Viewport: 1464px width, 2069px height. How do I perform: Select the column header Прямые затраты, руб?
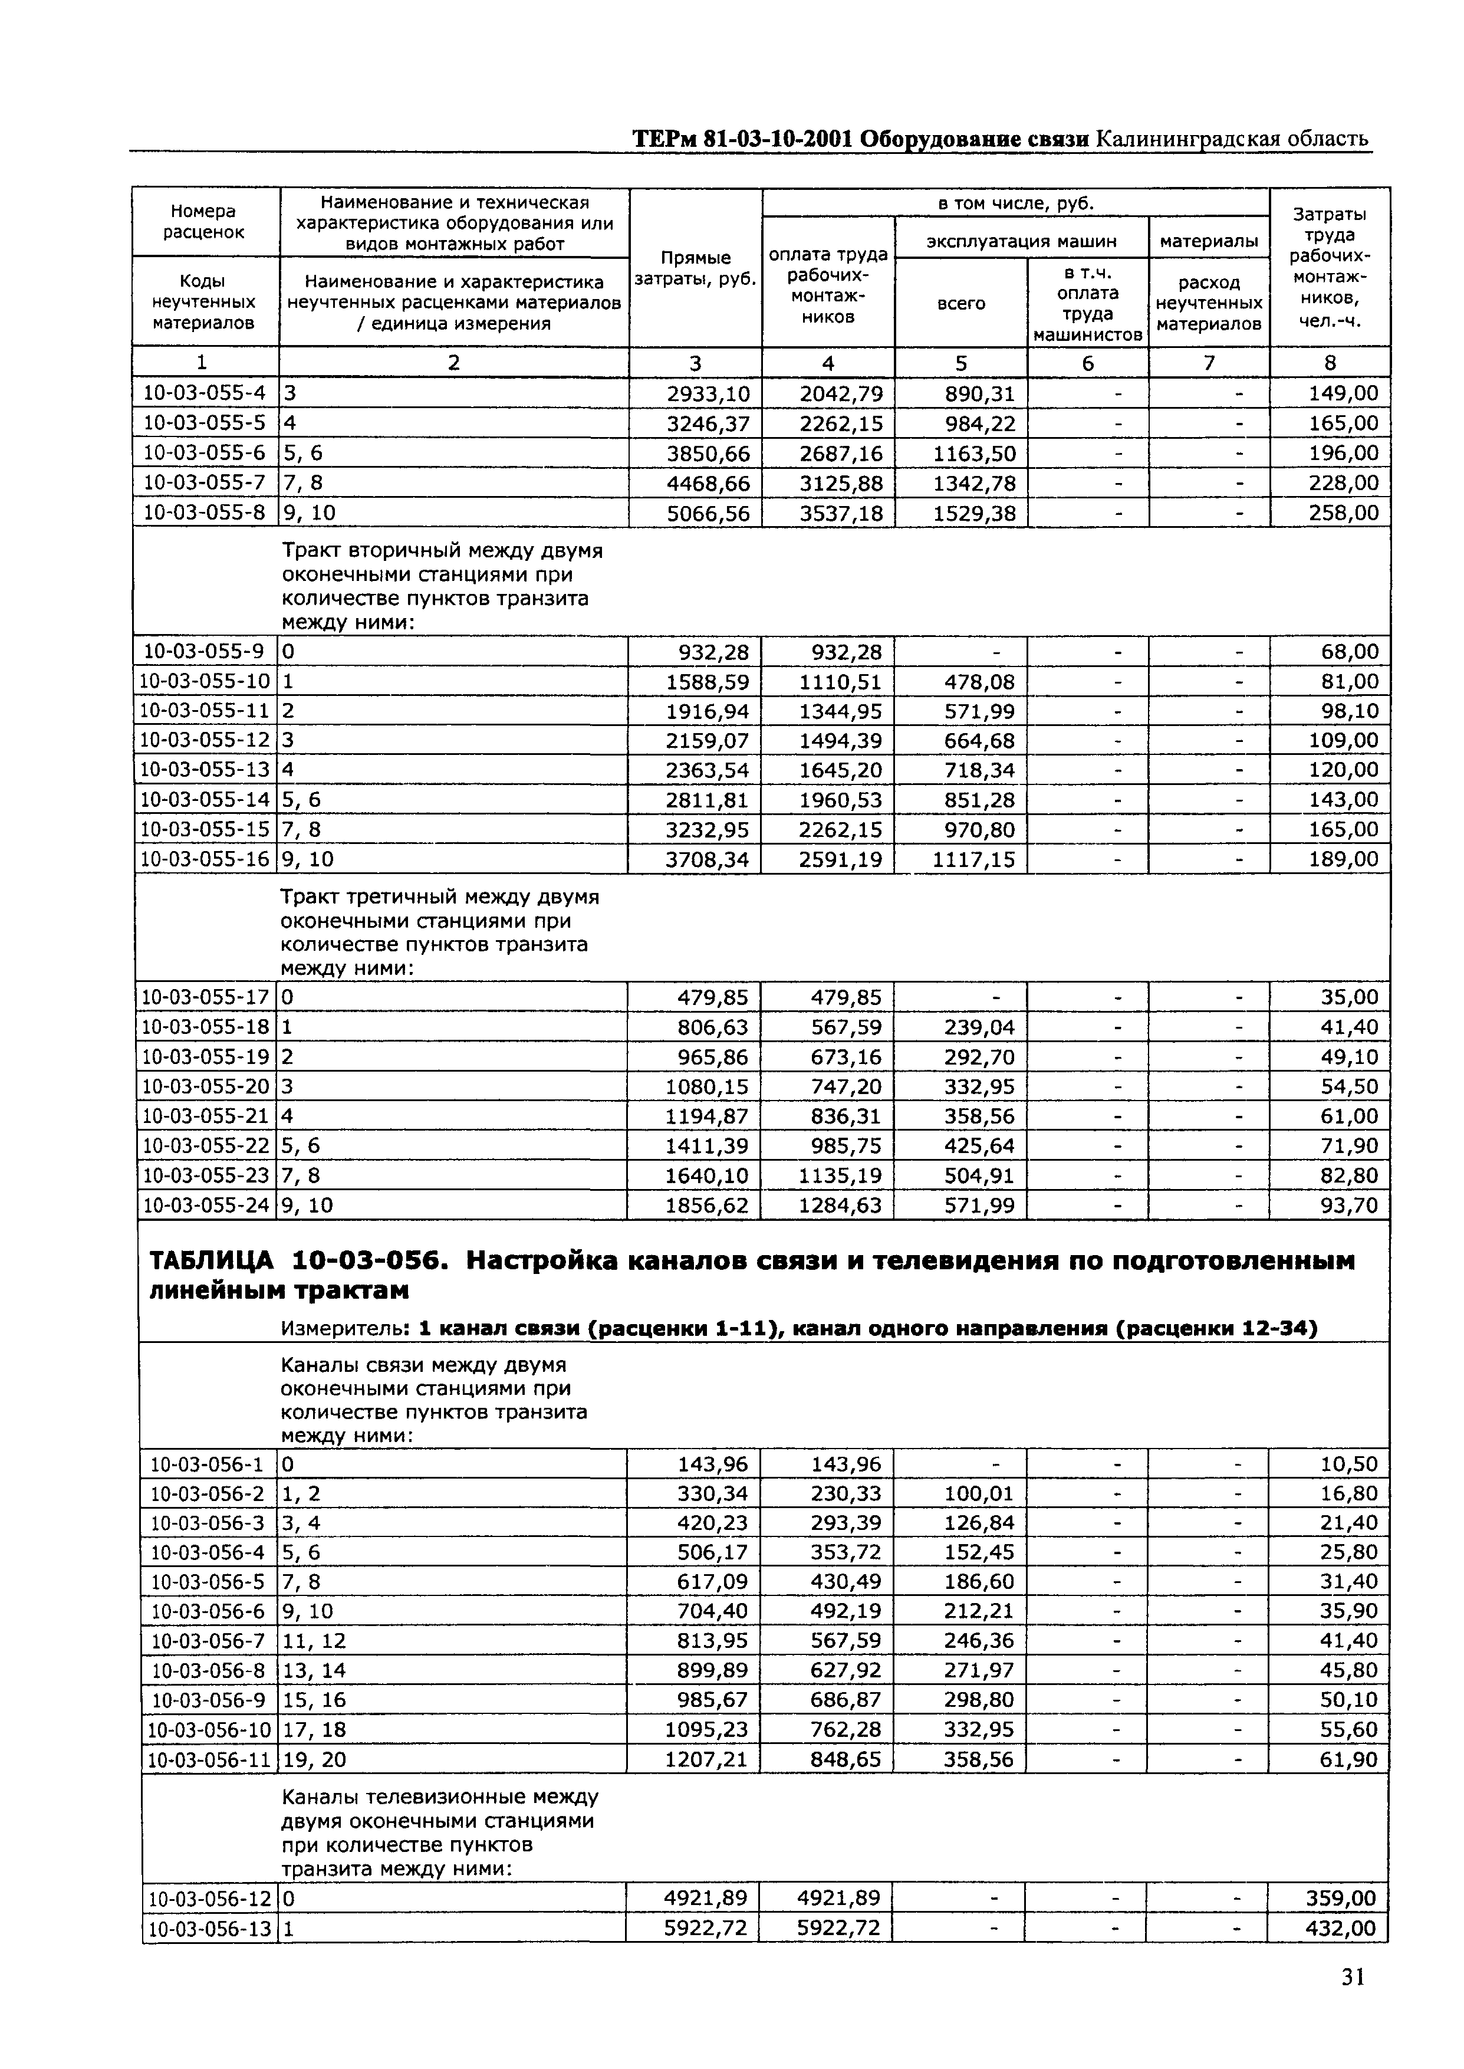tap(695, 269)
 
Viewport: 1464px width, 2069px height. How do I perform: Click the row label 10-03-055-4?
tap(205, 393)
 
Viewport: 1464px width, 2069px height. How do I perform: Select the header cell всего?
tap(961, 304)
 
